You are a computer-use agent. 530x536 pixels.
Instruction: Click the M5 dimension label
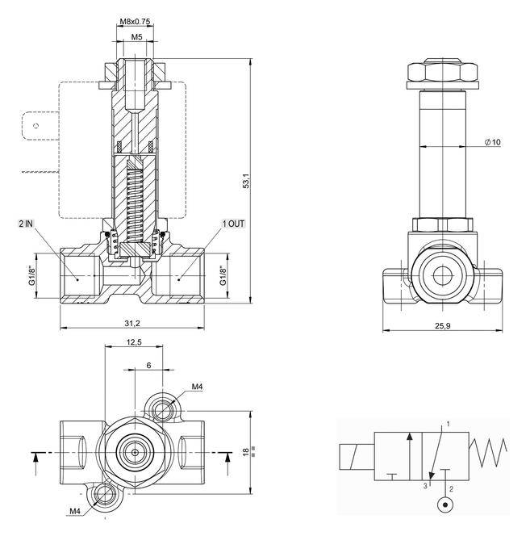point(136,36)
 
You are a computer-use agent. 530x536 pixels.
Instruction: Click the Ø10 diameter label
point(492,142)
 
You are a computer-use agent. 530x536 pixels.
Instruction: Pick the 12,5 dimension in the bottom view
point(134,343)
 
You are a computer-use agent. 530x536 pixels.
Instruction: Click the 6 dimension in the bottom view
point(148,365)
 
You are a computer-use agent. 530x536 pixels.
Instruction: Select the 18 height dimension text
point(246,451)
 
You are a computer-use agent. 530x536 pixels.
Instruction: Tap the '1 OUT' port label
point(235,223)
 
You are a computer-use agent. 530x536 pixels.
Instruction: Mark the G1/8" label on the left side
point(33,276)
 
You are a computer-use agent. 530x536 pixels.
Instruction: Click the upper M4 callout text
point(197,387)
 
